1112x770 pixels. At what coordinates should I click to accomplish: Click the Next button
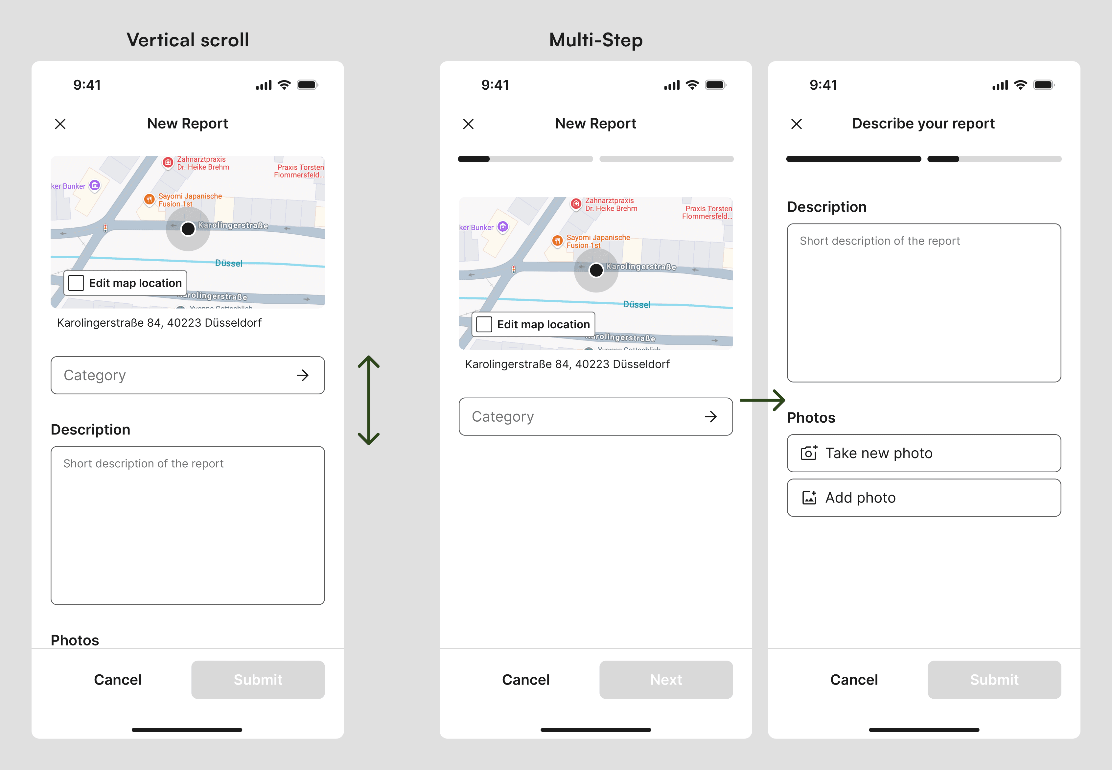[666, 679]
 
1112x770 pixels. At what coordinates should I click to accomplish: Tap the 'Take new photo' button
[923, 453]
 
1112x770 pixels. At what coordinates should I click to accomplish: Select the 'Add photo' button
[923, 498]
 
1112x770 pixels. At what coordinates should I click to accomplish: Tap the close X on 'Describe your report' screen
[797, 124]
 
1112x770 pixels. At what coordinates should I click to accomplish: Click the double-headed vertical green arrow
[369, 400]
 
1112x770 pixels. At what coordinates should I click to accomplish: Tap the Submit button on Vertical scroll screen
[258, 679]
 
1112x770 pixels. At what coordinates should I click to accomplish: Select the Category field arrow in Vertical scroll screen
[303, 375]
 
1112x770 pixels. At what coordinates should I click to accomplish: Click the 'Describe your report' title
[923, 124]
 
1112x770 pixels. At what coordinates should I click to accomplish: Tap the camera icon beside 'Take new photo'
[809, 453]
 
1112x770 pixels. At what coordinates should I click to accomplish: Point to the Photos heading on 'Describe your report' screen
[811, 417]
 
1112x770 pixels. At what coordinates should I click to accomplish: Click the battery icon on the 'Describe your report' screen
[1044, 85]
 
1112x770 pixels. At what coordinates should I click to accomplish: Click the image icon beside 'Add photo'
[809, 498]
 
